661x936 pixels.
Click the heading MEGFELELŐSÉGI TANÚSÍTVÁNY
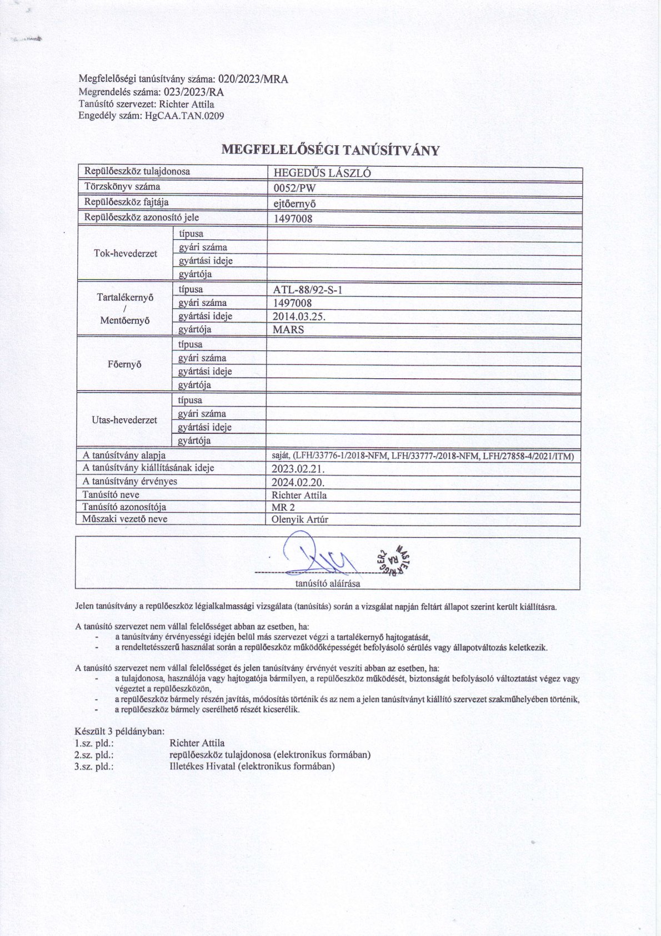[x=330, y=150]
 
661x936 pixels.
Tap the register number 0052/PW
[x=294, y=188]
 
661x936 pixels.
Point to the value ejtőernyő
[x=295, y=204]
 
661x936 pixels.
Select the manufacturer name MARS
[x=288, y=330]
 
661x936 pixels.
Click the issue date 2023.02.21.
[x=298, y=469]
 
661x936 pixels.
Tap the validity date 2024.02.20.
[x=298, y=482]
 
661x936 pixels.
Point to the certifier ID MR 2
[x=283, y=507]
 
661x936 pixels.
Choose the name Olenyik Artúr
[x=300, y=520]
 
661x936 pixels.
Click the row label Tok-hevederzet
[x=126, y=254]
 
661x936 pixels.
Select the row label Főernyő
[x=126, y=365]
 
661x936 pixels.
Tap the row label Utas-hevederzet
[x=124, y=420]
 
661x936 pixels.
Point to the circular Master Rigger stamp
[x=394, y=558]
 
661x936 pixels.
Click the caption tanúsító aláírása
[x=327, y=583]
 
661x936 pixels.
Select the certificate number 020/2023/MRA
[x=253, y=80]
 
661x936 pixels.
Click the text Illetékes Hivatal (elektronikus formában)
[x=252, y=766]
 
